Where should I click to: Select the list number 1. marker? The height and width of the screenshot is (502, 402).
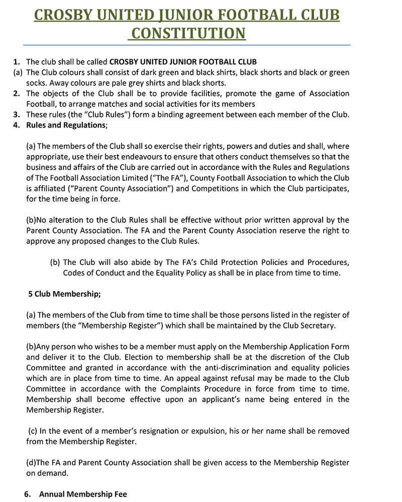coord(17,62)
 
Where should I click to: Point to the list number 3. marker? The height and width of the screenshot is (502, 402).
coord(17,114)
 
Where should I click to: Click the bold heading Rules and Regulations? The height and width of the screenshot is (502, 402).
coord(66,125)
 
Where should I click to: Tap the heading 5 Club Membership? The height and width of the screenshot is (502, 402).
coord(65,294)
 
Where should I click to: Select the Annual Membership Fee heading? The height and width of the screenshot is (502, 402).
coord(83,494)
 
